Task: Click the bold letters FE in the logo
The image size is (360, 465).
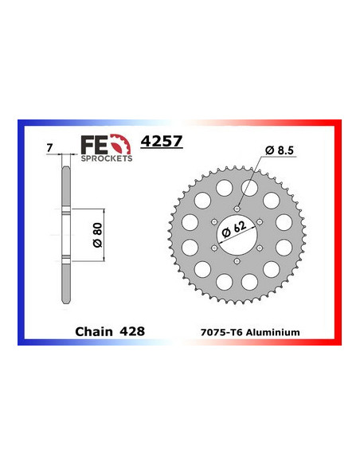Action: [x=95, y=144]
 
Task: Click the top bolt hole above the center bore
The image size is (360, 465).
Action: [x=238, y=209]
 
